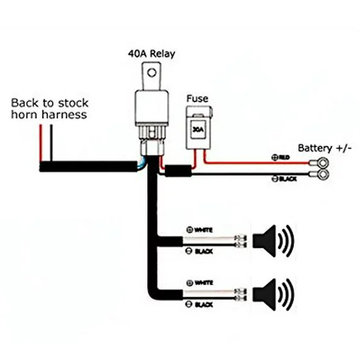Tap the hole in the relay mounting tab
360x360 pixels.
tap(152, 75)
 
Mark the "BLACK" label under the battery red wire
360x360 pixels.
tap(287, 179)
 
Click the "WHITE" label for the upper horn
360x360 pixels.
tap(203, 230)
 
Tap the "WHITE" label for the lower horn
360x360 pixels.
tap(203, 281)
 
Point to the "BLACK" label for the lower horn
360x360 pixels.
tap(203, 305)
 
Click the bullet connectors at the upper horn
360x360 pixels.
tap(241, 242)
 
